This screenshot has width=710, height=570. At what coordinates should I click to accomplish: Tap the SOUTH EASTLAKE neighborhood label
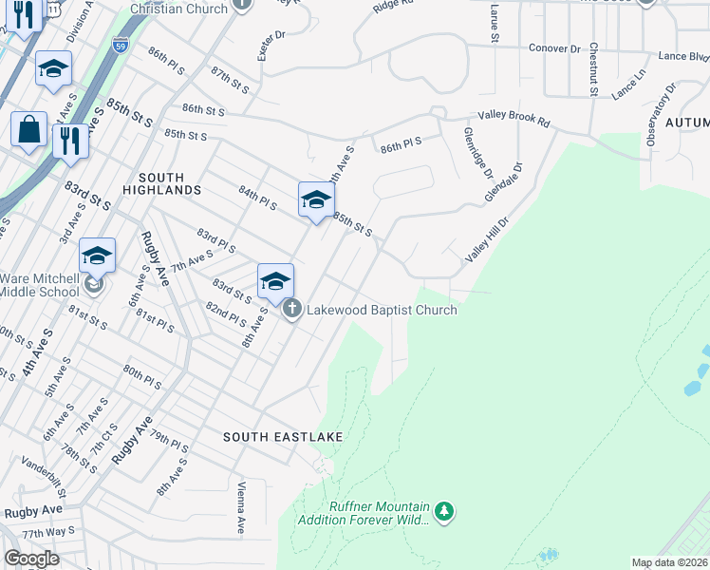269,437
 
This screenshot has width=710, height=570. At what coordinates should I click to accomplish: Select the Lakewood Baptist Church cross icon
292,310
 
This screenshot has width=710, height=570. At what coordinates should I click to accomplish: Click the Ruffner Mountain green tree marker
444,513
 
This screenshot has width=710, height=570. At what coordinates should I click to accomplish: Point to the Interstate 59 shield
119,46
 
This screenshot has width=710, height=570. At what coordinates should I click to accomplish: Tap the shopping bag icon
28,129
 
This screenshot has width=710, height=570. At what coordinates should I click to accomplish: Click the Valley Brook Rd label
514,118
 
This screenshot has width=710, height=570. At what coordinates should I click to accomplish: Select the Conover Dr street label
554,47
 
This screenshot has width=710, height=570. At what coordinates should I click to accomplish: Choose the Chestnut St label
593,68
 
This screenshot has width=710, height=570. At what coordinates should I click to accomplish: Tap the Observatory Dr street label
661,114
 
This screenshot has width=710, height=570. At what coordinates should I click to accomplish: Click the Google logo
31,559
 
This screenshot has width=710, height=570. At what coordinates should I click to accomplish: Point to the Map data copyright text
669,562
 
